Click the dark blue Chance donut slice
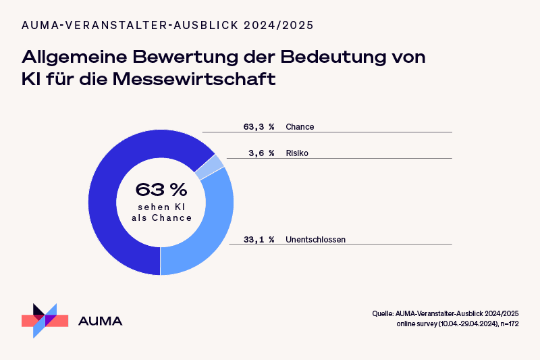(x=108, y=203)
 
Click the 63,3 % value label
(x=259, y=126)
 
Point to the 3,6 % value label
(x=261, y=153)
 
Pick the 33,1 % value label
(x=259, y=238)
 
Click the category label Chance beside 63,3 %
(x=300, y=126)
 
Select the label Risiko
(x=298, y=153)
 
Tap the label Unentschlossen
(x=315, y=238)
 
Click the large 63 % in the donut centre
(x=161, y=188)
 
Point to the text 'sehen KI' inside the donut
(x=161, y=207)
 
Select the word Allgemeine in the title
(x=74, y=56)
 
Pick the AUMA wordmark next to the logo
(x=101, y=321)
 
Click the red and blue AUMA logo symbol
(x=45, y=319)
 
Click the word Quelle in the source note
(x=383, y=314)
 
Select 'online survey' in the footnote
(x=417, y=325)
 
